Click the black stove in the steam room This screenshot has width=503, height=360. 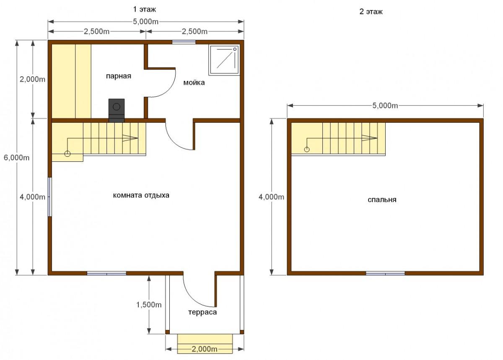[117, 110]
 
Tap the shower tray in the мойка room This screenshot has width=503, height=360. [224, 60]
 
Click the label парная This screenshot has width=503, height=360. [119, 76]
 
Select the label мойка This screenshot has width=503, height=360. [194, 83]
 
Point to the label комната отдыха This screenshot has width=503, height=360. [141, 195]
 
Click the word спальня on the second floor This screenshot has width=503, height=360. [382, 199]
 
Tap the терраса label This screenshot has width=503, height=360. [202, 312]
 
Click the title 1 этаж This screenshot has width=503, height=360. [144, 9]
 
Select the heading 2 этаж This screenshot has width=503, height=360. [371, 11]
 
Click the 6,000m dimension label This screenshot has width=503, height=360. [17, 158]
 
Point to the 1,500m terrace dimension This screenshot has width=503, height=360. [149, 305]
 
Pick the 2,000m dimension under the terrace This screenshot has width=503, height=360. [205, 349]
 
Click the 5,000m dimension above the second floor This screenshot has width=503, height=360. [385, 106]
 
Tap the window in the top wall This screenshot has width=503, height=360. [184, 42]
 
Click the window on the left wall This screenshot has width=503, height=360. [49, 197]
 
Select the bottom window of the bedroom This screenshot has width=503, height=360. [385, 273]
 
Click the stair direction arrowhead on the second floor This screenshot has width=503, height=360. [369, 138]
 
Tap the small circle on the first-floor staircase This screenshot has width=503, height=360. [67, 154]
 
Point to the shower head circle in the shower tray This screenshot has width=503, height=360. [235, 49]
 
